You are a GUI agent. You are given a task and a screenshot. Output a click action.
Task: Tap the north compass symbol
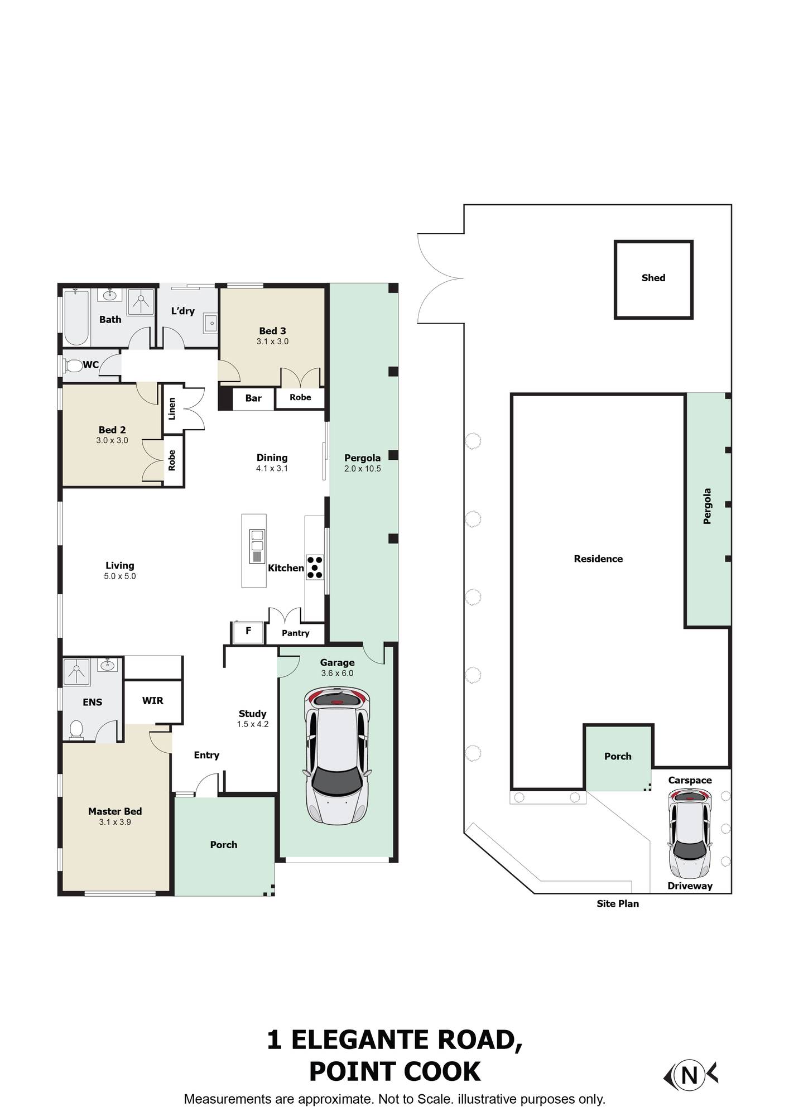690,1074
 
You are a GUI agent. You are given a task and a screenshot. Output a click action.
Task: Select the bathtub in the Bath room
76,318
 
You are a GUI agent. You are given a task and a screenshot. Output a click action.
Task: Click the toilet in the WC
73,366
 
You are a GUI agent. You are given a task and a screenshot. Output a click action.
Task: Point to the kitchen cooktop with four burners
315,567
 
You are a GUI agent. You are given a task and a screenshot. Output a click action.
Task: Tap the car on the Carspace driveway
690,834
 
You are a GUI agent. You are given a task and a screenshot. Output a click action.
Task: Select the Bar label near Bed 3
253,398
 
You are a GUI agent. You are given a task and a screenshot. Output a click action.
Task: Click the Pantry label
295,633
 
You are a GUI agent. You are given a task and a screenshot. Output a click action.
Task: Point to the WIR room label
152,701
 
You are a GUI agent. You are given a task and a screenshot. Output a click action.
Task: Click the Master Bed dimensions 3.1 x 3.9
115,822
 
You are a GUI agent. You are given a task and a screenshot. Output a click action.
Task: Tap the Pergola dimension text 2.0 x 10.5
363,469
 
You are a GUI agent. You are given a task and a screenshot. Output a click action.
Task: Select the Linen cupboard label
172,408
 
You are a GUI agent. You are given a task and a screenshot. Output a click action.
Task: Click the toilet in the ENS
76,729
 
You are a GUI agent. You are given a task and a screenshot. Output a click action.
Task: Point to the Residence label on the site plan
598,559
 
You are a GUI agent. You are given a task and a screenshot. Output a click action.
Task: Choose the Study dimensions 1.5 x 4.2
253,724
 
